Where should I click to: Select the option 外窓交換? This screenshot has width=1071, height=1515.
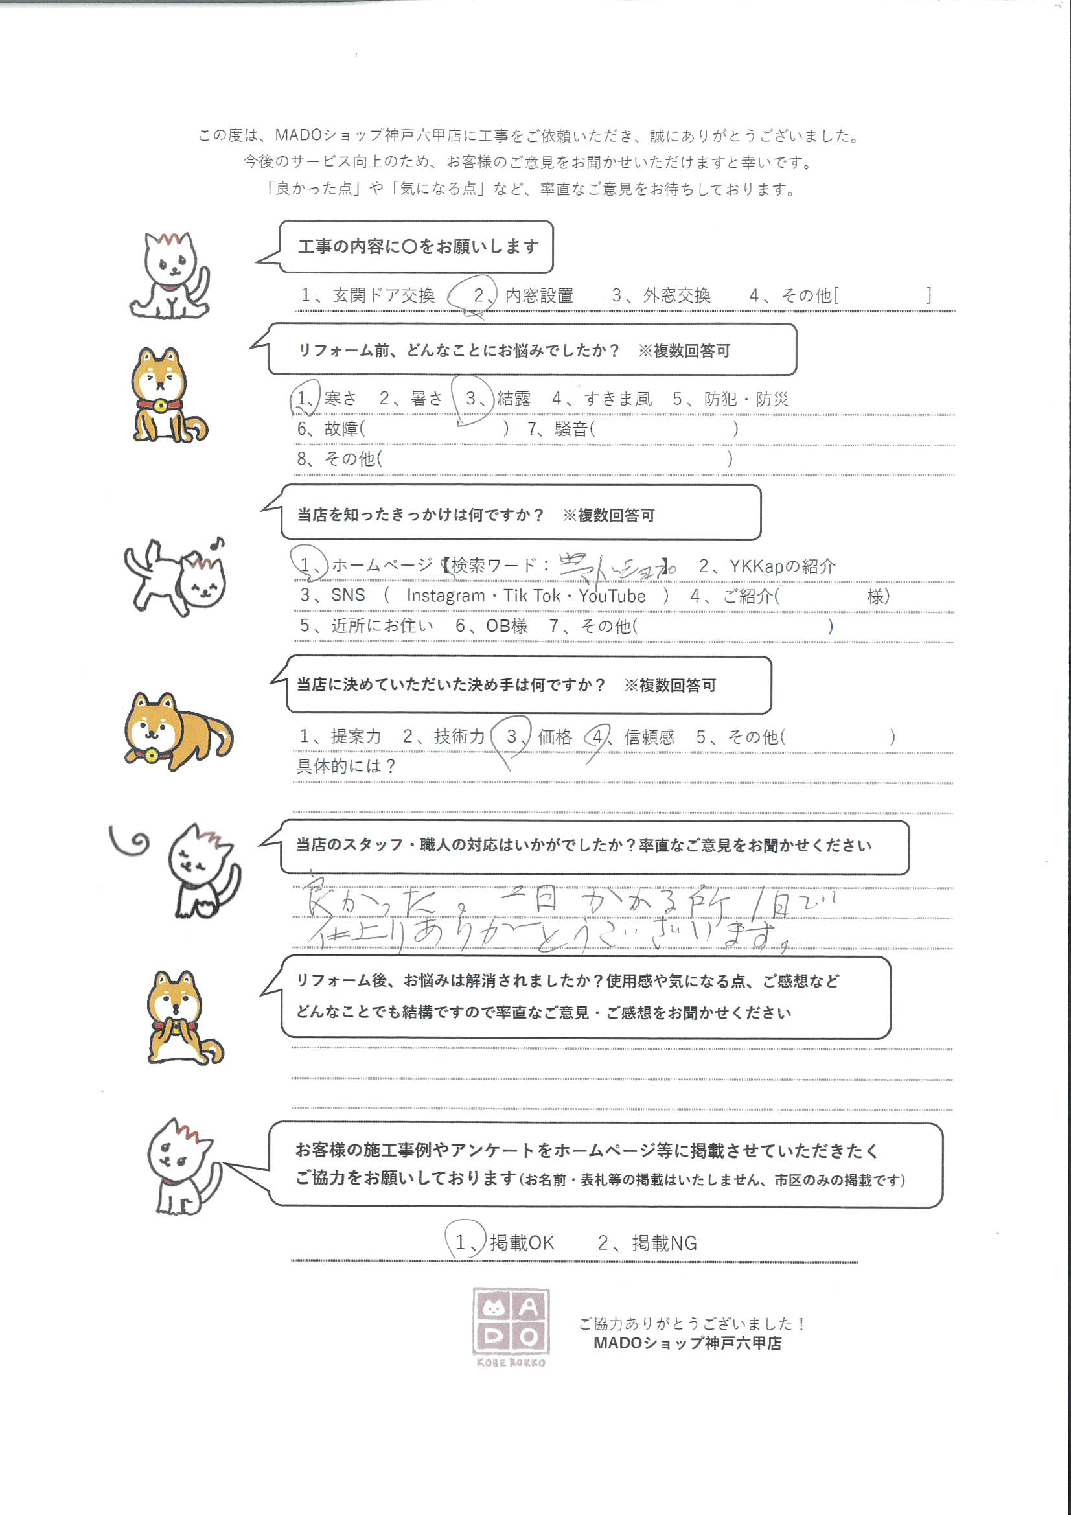[676, 295]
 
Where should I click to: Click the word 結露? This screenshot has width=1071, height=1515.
[513, 399]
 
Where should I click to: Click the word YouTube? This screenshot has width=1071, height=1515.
[612, 596]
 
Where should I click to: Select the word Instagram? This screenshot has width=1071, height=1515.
[445, 596]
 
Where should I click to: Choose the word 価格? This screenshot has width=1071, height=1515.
[555, 736]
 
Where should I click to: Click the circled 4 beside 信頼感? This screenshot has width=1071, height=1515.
[597, 736]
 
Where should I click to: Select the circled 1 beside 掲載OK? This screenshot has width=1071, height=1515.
[461, 1243]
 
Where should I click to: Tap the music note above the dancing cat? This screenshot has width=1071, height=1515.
[216, 543]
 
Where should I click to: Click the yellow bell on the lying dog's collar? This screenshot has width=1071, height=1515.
[151, 755]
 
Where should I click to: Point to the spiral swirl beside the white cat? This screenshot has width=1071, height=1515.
[132, 840]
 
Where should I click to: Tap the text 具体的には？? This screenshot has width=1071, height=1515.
[346, 766]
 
